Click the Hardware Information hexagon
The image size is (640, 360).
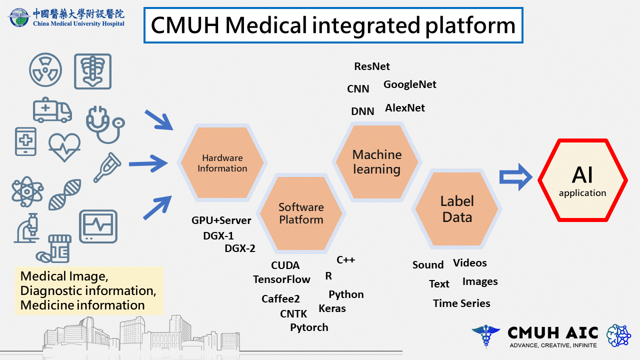tap(222, 163)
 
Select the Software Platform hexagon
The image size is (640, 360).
tap(301, 213)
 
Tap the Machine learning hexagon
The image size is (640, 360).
tap(377, 161)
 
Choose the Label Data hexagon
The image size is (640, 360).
tap(457, 209)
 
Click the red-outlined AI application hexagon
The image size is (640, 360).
tap(582, 180)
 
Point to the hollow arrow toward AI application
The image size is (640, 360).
tap(515, 177)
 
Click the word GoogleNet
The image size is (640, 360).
tap(409, 84)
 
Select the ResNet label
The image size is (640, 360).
tap(372, 66)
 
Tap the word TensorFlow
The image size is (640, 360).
tap(281, 279)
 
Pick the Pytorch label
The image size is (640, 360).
tap(309, 327)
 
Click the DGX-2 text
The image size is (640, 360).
tap(240, 248)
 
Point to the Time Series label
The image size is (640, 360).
tap(461, 303)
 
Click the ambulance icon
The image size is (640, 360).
tap(52, 110)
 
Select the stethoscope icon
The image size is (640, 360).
tap(105, 124)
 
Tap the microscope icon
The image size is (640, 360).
tap(27, 228)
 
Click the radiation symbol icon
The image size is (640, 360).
tap(45, 69)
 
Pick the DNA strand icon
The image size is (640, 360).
tap(65, 194)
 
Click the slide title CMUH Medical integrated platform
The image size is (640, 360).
tap(333, 25)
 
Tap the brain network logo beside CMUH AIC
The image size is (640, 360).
tap(619, 335)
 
